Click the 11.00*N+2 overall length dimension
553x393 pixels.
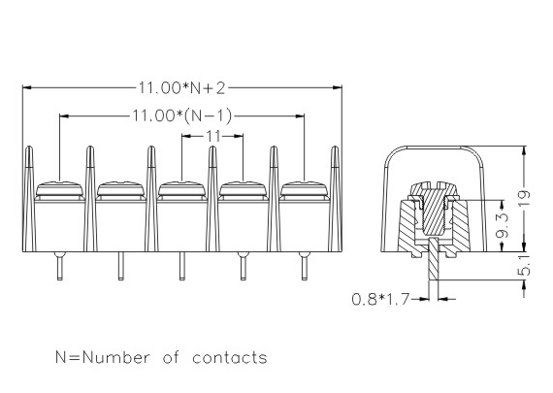tap(181, 88)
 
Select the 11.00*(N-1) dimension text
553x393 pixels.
tap(182, 115)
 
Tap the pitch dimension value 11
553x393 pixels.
tap(213, 136)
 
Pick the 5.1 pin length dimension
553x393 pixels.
tap(525, 266)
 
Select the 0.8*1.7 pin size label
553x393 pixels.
tap(380, 300)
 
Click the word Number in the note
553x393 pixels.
tap(116, 357)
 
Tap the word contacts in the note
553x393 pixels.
tap(230, 358)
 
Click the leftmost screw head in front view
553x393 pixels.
tap(59, 189)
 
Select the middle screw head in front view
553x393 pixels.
tap(182, 189)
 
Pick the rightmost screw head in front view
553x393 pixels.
tap(305, 189)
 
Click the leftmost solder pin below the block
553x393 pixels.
tap(59, 266)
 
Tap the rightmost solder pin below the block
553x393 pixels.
tap(305, 266)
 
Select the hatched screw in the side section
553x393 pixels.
tap(434, 209)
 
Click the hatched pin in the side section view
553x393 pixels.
tap(434, 259)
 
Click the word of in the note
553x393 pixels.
tap(171, 357)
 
